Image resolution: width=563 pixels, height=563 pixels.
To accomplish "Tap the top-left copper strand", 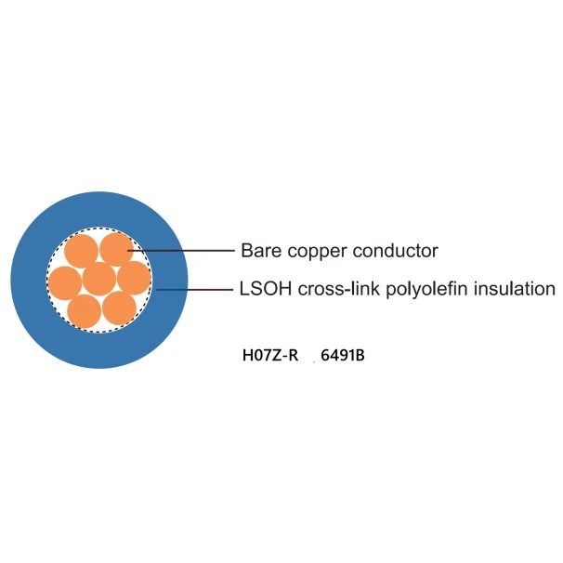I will pos(82,250).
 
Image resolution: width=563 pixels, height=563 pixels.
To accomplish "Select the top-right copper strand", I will pos(116,249).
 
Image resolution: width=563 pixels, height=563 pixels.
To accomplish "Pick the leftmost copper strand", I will pos(65,281).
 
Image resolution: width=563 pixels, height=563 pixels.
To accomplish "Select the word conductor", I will pos(396,251).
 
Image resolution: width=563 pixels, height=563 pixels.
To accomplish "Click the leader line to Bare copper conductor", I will pos(186,250).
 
